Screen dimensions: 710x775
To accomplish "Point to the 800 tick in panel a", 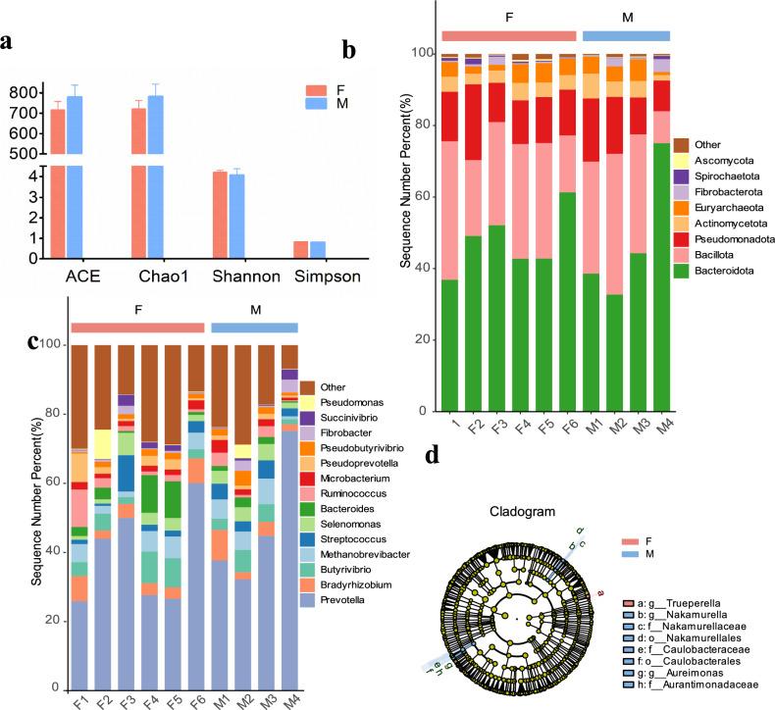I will (26, 92).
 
